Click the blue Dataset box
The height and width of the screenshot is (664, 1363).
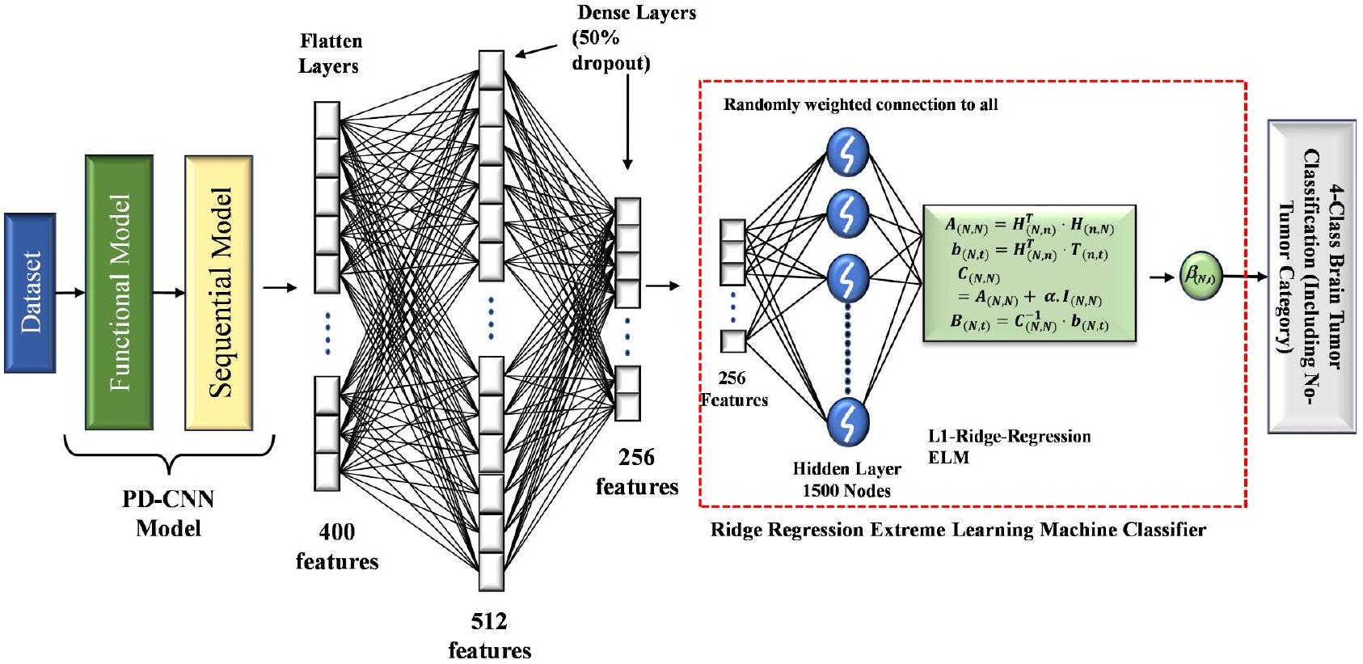[x=30, y=293]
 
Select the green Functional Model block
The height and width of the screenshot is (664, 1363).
[x=119, y=293]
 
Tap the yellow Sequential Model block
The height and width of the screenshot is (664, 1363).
[x=219, y=293]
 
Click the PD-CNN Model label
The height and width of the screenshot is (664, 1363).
[x=168, y=514]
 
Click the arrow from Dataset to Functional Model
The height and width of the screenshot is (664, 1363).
[x=70, y=293]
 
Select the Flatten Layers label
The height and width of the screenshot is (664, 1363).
[x=330, y=53]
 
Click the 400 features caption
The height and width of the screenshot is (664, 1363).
[x=337, y=546]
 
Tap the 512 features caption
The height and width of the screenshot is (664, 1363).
[x=489, y=636]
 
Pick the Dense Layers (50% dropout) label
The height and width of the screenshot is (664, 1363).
[x=622, y=37]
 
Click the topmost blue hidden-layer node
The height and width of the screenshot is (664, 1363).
[x=847, y=152]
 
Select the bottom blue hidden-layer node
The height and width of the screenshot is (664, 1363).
[x=847, y=421]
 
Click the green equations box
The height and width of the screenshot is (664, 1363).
[x=1029, y=273]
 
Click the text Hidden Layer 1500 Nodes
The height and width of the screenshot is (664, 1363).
[x=846, y=480]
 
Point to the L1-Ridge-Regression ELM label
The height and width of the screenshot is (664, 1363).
[x=1009, y=446]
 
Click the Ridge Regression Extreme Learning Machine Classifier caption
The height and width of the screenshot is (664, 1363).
[x=958, y=531]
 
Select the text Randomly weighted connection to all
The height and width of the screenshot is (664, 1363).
[x=860, y=104]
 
